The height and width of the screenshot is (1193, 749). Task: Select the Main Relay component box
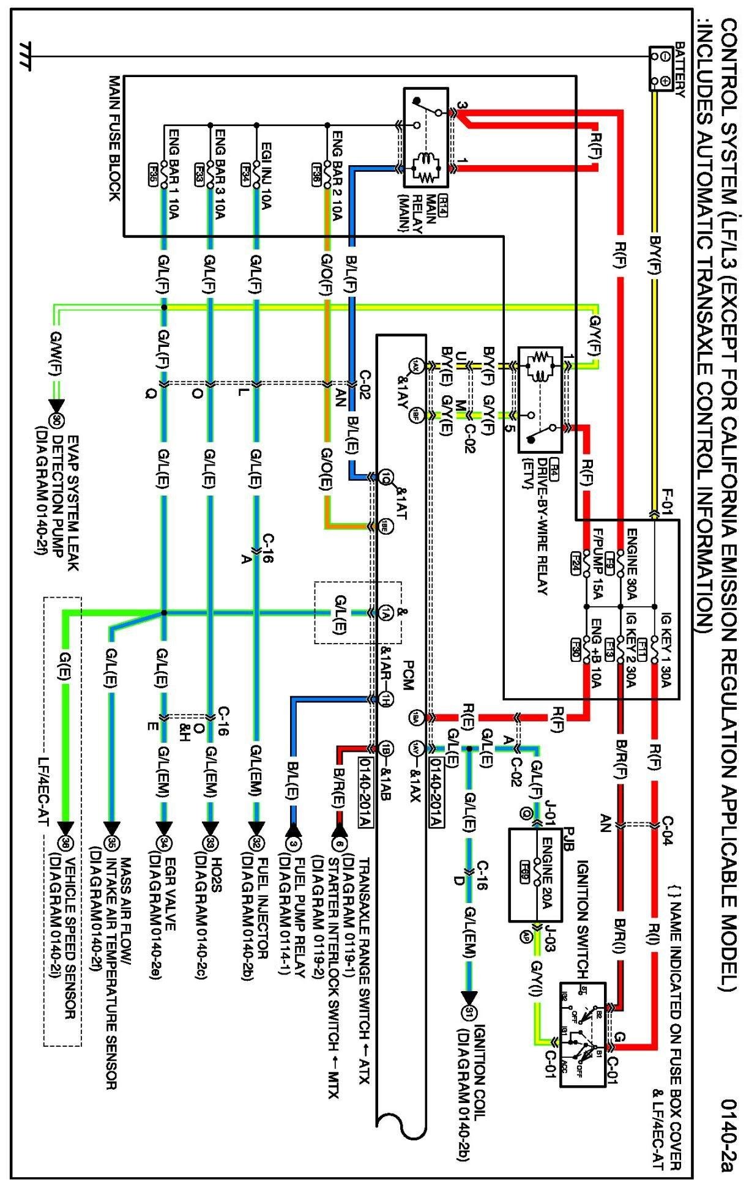coord(426,138)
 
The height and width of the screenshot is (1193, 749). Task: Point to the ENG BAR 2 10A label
coord(337,173)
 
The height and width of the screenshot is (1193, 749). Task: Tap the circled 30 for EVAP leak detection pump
coord(56,421)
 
